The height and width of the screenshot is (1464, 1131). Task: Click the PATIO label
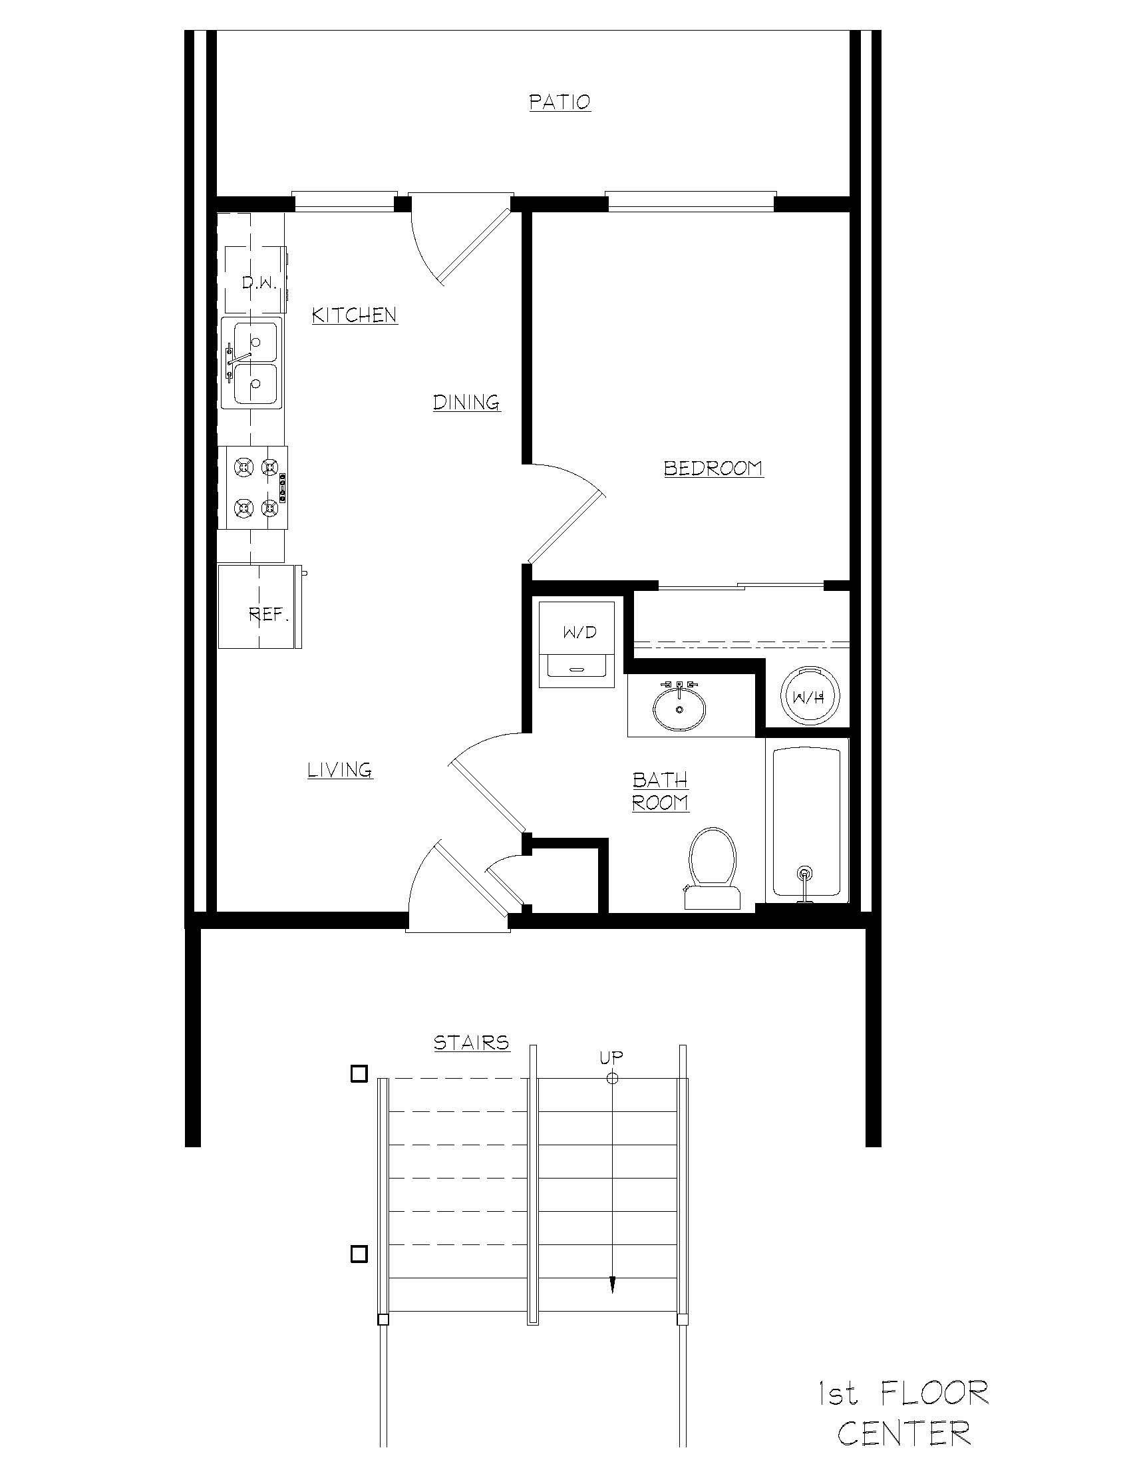tap(560, 102)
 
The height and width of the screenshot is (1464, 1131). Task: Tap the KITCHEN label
tap(355, 315)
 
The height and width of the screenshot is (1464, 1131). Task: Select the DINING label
tap(466, 402)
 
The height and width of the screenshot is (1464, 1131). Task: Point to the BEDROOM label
tap(713, 468)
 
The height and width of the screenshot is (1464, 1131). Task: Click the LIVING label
tap(340, 769)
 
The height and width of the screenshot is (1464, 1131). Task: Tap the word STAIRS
tap(471, 1042)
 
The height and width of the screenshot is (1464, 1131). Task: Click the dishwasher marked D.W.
tap(255, 279)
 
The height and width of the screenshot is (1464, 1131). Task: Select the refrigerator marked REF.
tap(261, 607)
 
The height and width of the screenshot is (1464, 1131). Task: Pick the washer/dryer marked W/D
tap(577, 643)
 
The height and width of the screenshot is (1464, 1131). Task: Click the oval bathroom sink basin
tap(679, 709)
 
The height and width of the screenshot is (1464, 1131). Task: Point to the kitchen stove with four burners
tap(254, 488)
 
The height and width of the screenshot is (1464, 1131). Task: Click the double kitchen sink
tap(252, 363)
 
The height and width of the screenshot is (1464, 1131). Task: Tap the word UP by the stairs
tap(611, 1057)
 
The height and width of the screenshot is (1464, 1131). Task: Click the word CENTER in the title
tap(904, 1433)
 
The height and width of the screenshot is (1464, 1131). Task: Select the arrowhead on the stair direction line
tap(612, 1284)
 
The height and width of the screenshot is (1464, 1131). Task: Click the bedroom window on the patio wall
tap(691, 201)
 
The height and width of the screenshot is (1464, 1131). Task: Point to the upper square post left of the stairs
tap(359, 1074)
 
